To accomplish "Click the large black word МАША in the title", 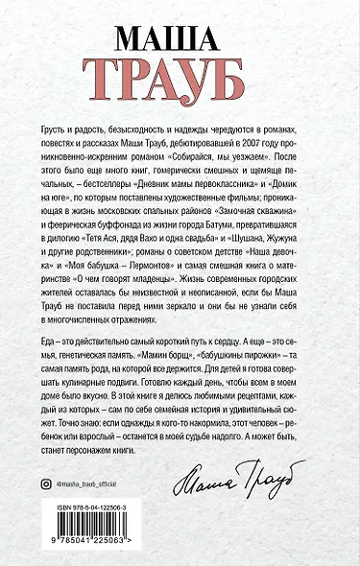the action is (180, 35).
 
